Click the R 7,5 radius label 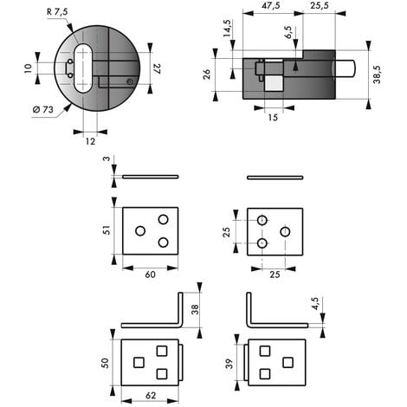57,12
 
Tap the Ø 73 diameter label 43,110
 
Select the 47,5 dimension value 270,5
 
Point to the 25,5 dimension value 320,5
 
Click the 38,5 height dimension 377,74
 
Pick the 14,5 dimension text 227,28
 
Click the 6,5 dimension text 288,32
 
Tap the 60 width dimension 150,275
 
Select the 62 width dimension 151,396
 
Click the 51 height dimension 107,230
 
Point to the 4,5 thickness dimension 315,304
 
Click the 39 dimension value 229,364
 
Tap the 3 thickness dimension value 107,158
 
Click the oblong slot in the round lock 83,68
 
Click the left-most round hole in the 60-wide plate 140,231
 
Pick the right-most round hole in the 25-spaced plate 285,231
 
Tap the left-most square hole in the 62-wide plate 139,363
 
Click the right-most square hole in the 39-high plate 287,363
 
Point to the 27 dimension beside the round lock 158,68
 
